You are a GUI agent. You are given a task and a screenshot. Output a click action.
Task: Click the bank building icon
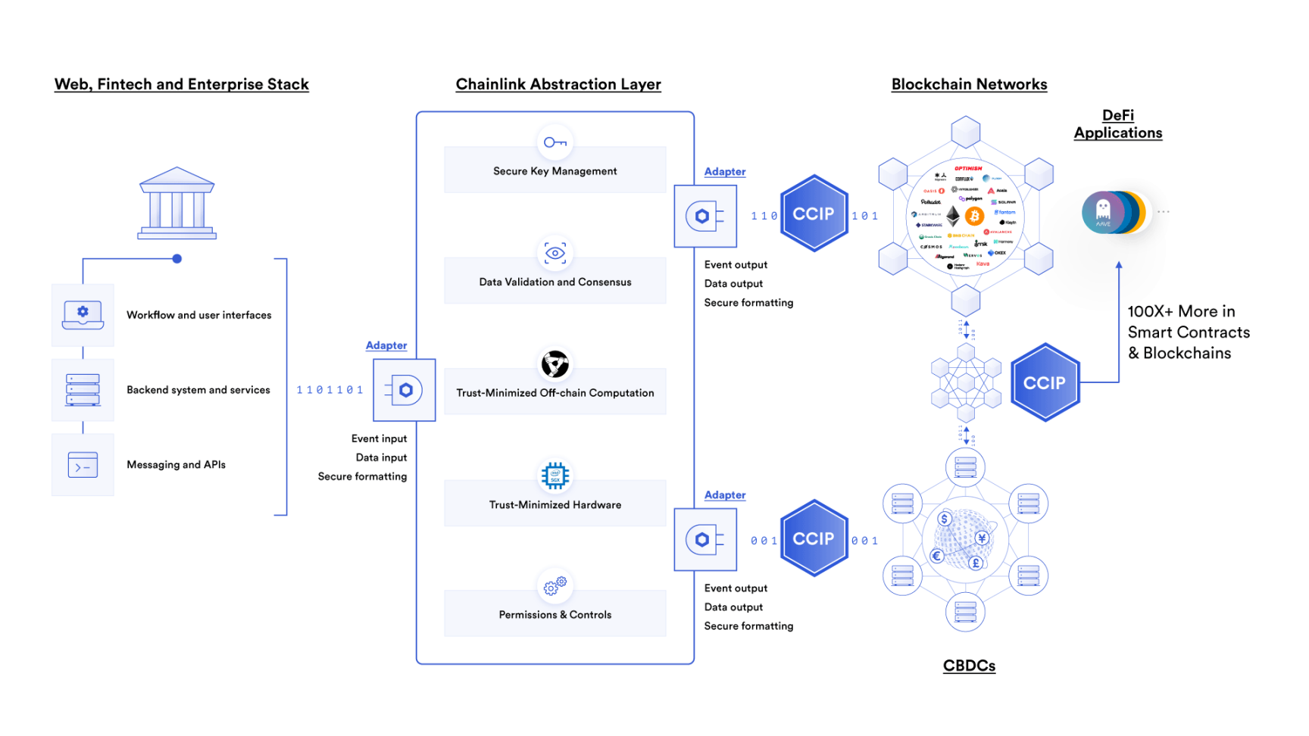point(177,203)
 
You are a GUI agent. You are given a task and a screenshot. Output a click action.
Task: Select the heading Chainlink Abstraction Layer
point(558,84)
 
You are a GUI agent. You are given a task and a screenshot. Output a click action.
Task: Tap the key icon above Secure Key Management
point(555,142)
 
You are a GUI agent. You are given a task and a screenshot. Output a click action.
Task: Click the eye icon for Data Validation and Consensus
point(555,254)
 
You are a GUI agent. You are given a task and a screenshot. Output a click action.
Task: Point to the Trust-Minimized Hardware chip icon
point(555,476)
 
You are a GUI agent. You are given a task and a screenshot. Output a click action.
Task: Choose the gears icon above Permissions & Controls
point(555,585)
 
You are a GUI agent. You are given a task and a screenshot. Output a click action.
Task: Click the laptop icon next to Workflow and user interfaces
point(83,314)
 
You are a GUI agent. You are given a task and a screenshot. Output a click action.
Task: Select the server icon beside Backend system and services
point(83,389)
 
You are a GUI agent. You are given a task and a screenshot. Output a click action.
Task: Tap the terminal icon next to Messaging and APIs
point(83,464)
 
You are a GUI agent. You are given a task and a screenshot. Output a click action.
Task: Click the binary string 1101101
point(330,390)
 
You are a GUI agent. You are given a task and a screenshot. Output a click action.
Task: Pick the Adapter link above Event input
point(386,345)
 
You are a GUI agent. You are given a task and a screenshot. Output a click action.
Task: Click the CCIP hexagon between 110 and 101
point(814,214)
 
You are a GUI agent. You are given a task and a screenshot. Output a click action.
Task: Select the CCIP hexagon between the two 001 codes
point(814,538)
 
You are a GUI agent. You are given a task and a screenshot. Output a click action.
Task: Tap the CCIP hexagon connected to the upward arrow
point(1045,382)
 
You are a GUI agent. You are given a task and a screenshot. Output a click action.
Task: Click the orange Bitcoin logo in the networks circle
point(974,216)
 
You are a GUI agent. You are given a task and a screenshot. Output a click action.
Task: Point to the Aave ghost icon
point(1103,211)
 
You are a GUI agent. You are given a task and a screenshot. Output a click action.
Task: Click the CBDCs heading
point(969,666)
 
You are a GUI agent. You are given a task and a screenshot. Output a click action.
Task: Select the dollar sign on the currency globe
point(944,519)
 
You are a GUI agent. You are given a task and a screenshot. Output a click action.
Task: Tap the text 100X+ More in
point(1181,311)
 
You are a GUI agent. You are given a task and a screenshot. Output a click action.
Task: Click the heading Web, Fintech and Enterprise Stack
point(182,84)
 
